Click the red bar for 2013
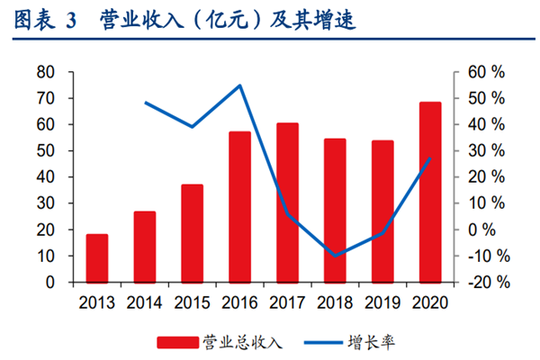pos(97,258)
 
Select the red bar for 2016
pos(239,207)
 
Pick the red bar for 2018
pos(335,211)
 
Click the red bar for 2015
pos(192,233)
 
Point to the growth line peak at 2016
pos(239,85)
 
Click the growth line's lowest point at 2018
pos(335,256)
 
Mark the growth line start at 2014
pos(145,103)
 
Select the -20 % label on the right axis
pos(487,283)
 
